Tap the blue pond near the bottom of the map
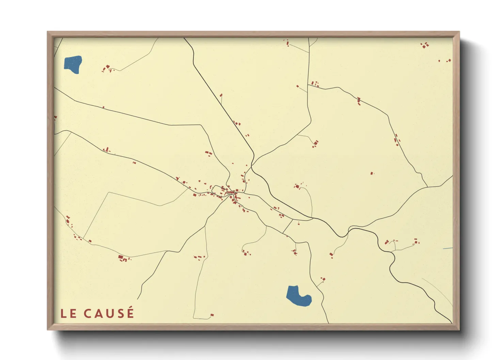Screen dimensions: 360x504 coord(298,295)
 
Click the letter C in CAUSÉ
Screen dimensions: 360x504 coord(88,314)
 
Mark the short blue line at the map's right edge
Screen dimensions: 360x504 coord(448,249)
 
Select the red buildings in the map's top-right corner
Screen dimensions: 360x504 coord(425,45)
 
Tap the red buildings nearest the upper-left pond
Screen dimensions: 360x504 coord(107,68)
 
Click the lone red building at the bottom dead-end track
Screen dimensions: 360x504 coord(212,315)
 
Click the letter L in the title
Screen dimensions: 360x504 coord(63,314)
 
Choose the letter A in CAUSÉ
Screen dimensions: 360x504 coord(98,314)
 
